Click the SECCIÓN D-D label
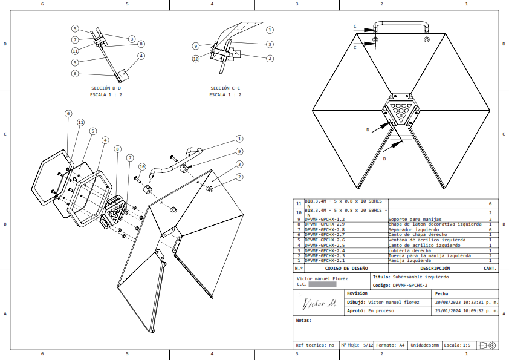point(106,88)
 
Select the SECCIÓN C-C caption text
point(225,88)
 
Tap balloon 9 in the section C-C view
point(196,46)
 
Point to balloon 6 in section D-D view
point(75,73)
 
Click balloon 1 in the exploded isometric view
point(239,139)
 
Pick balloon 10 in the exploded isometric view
point(142,166)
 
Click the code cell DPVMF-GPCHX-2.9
point(325,224)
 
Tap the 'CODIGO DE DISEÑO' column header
point(346,268)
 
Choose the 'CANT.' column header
point(490,268)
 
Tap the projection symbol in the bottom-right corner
point(487,345)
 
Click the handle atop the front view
point(400,25)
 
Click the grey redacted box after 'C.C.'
point(322,283)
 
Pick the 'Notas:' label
point(303,320)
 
